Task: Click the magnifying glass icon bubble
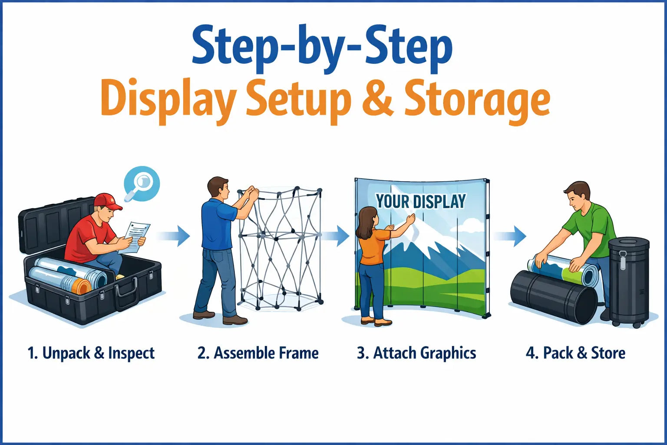click(142, 184)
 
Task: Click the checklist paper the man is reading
click(135, 236)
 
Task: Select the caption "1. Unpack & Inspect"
click(91, 353)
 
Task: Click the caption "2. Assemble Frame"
click(258, 353)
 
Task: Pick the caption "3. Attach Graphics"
click(416, 353)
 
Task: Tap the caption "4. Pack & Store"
click(575, 353)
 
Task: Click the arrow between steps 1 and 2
click(175, 236)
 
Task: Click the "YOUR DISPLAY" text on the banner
click(421, 202)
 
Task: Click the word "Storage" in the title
click(477, 101)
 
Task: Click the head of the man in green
click(578, 196)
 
